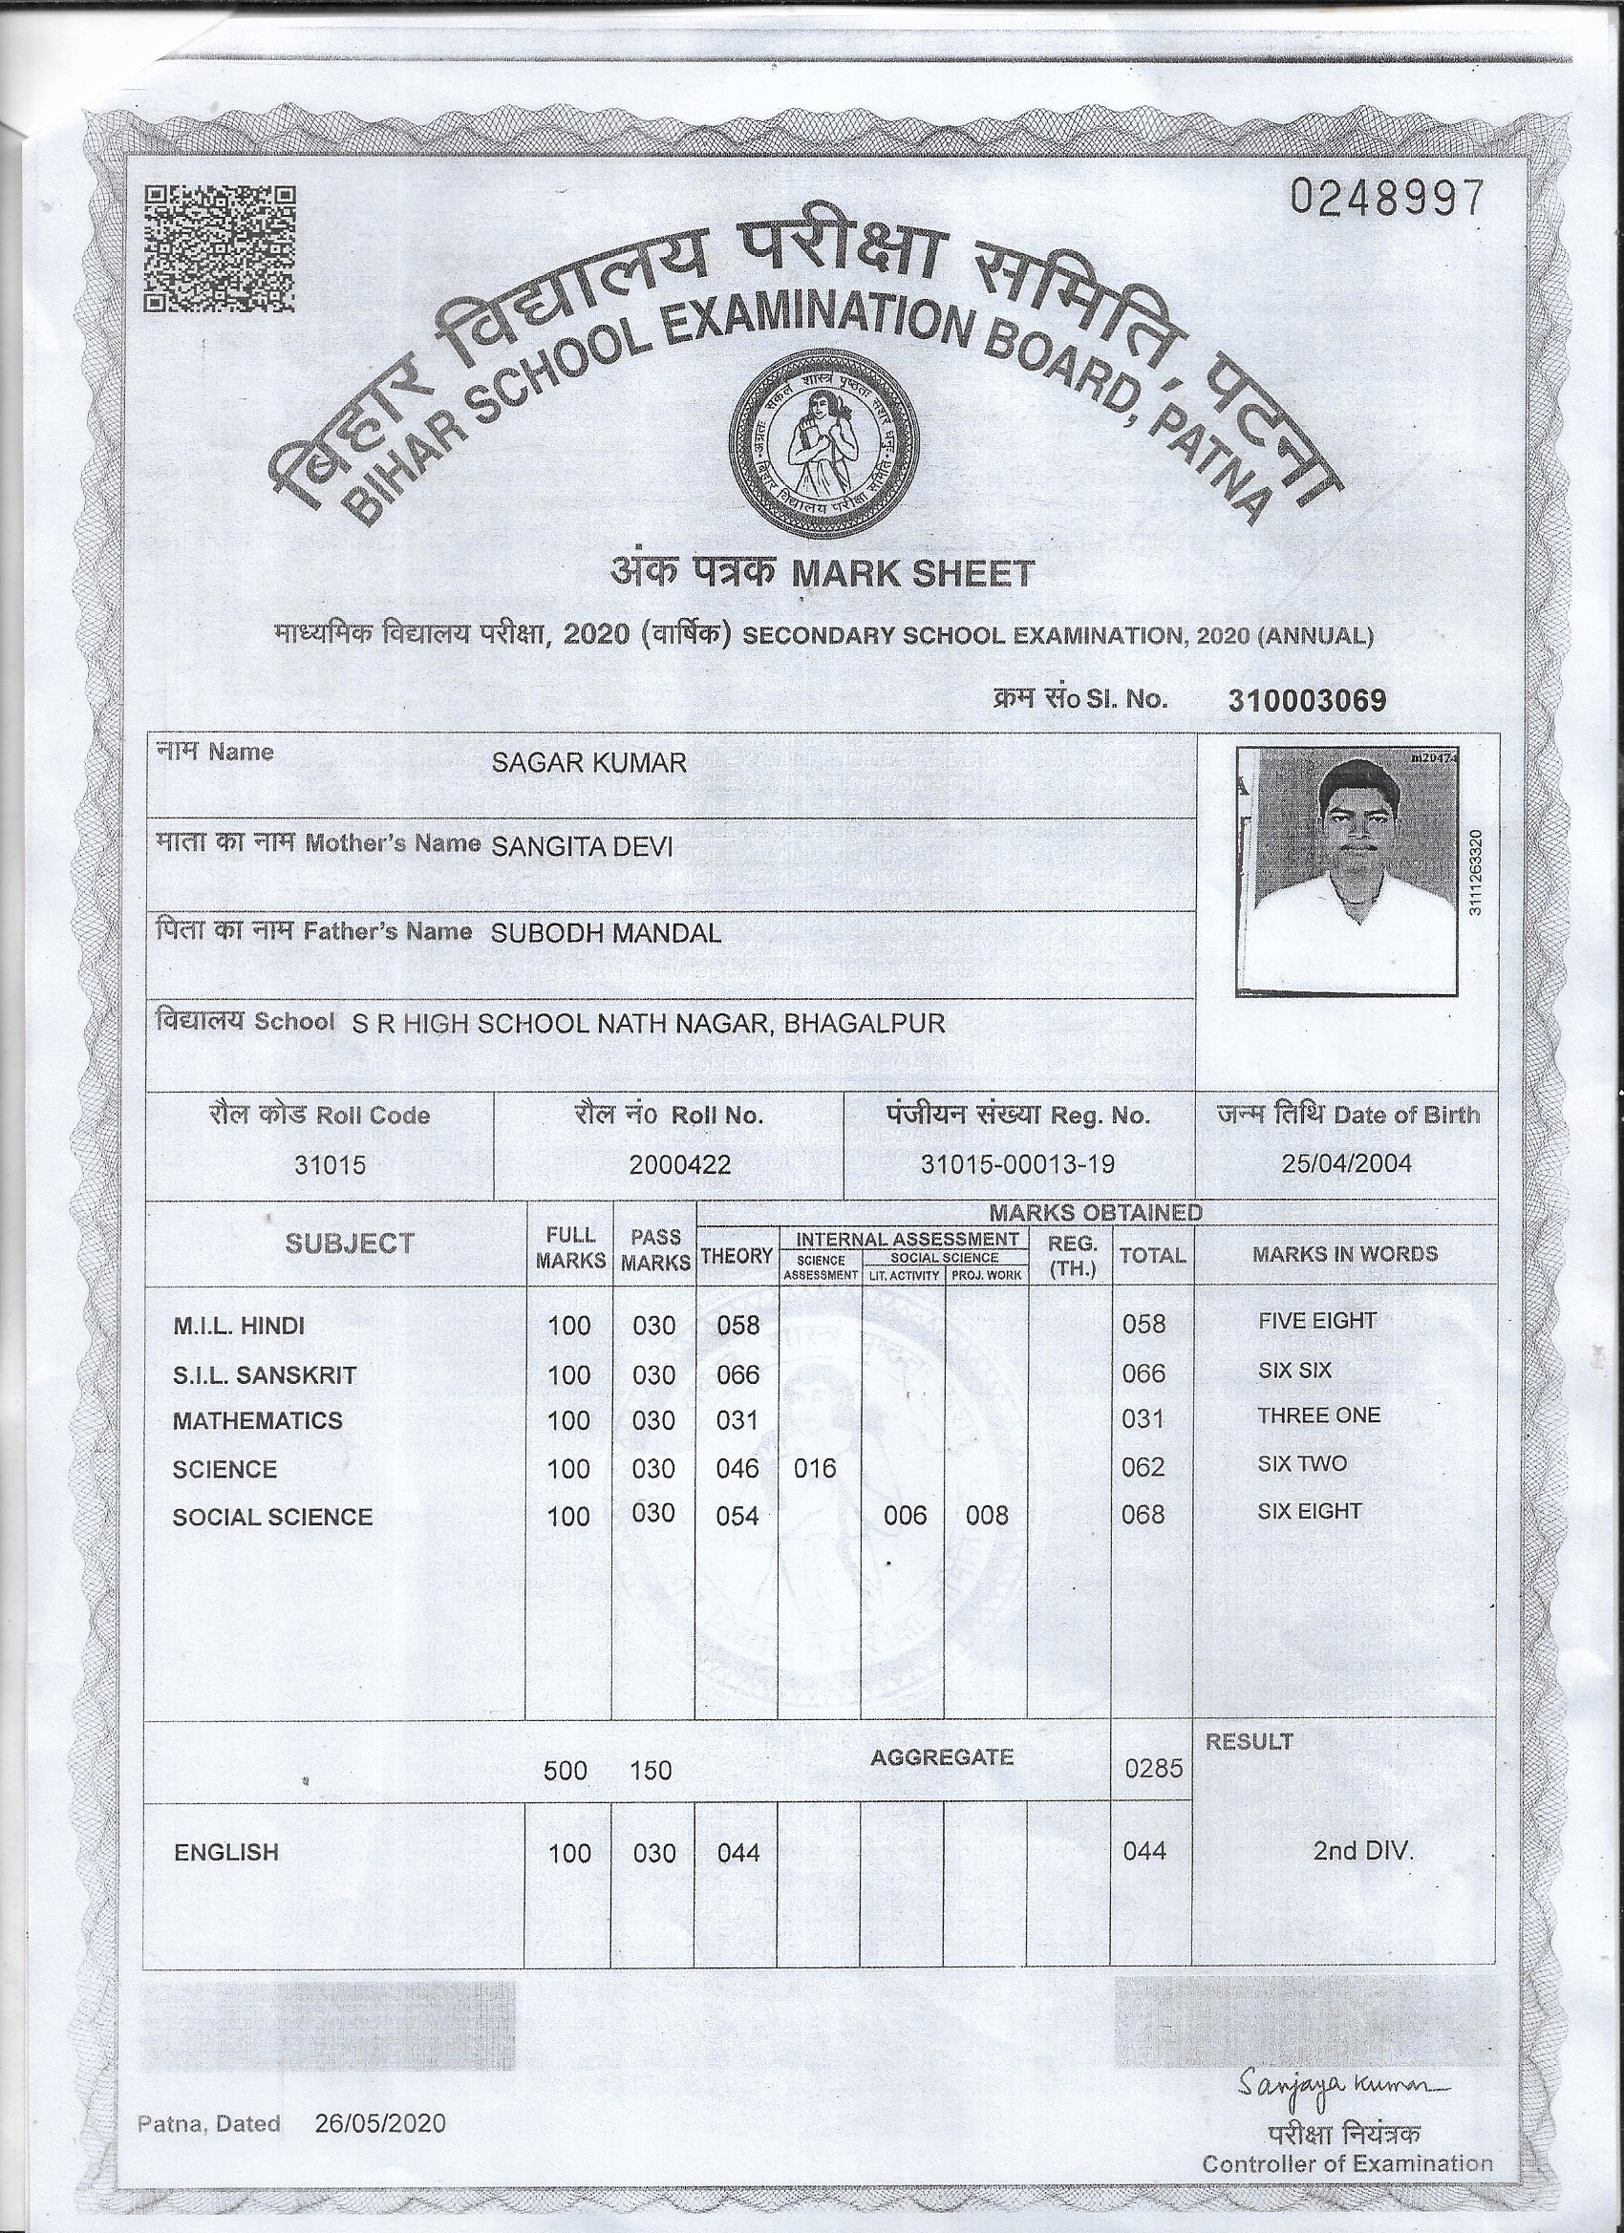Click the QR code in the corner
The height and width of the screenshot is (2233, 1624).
click(220, 249)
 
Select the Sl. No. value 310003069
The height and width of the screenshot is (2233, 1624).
click(1307, 700)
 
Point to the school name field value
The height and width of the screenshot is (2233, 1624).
click(648, 1023)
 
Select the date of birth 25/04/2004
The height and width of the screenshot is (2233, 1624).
click(1346, 1162)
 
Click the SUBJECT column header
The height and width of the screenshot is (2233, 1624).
click(349, 1244)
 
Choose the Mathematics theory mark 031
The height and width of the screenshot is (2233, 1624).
click(737, 1421)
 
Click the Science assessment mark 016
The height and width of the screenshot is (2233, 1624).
click(815, 1469)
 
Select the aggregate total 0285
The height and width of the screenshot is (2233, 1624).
click(1152, 1769)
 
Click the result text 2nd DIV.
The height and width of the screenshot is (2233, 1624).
click(1363, 1851)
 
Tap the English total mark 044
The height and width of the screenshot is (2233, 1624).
click(1143, 1852)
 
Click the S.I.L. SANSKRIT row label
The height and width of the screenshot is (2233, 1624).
click(264, 1374)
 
